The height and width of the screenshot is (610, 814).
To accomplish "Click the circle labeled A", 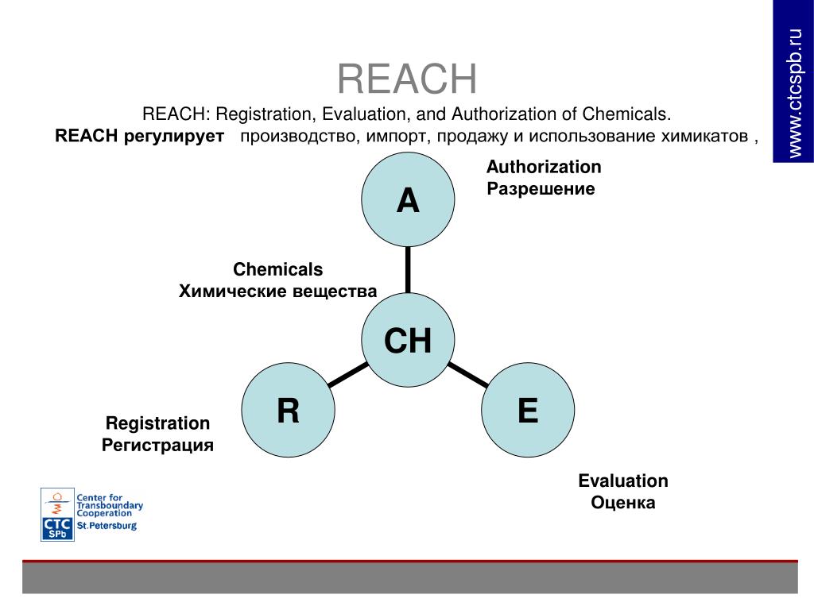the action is click(x=408, y=200).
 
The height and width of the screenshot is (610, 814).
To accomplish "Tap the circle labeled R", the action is click(x=288, y=411).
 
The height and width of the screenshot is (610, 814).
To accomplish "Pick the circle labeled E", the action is click(x=528, y=411).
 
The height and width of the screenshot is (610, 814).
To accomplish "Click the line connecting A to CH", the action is click(x=408, y=270).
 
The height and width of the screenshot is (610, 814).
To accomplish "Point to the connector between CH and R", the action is click(x=347, y=376).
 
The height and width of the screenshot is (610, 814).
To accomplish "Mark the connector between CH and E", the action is click(x=468, y=376).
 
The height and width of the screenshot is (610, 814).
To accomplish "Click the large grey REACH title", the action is click(x=407, y=79).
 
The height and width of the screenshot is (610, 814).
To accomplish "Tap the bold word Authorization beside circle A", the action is click(x=544, y=167).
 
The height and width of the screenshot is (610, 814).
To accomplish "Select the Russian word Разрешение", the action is click(x=541, y=190).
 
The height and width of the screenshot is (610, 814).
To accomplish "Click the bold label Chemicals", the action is click(x=277, y=269).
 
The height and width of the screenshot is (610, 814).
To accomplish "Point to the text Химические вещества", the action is click(x=277, y=291).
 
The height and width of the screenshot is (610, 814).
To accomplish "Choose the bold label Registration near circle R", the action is click(x=157, y=423).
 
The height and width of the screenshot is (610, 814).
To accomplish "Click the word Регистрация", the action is click(x=157, y=445).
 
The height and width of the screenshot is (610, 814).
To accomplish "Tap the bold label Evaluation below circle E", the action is click(x=623, y=481).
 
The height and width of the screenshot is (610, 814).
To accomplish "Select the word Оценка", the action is click(x=623, y=503).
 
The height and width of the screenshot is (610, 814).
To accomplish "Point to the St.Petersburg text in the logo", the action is click(x=107, y=526).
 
